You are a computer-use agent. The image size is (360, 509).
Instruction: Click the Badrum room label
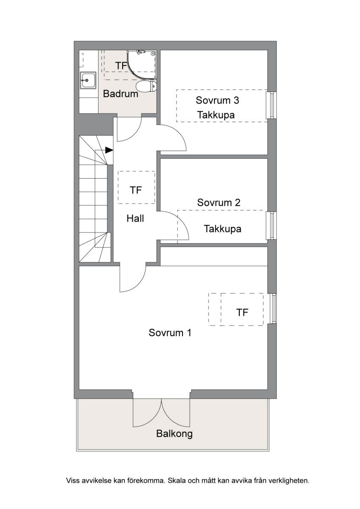tap(121, 94)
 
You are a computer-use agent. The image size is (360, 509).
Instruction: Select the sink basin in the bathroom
tap(88, 81)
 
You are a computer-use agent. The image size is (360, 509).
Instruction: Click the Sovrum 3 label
tap(217, 100)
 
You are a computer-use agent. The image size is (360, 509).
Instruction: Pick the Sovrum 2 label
tap(219, 202)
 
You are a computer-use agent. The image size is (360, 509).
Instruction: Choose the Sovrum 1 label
tap(170, 333)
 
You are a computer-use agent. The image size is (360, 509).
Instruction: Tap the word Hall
tap(135, 218)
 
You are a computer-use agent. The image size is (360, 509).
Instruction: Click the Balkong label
tap(174, 433)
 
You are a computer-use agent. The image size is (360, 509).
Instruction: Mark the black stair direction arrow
tap(109, 150)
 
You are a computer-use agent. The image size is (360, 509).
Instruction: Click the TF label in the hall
tap(136, 190)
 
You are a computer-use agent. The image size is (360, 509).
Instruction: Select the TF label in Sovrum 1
tap(242, 313)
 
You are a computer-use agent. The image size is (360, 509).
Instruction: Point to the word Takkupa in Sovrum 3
tap(216, 115)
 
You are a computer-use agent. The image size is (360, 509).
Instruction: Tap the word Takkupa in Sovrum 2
tap(222, 229)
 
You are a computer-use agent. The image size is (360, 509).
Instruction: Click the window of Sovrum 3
tap(271, 105)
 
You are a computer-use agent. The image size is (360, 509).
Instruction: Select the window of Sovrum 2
tap(271, 226)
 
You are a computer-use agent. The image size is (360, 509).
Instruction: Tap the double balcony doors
tap(161, 412)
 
